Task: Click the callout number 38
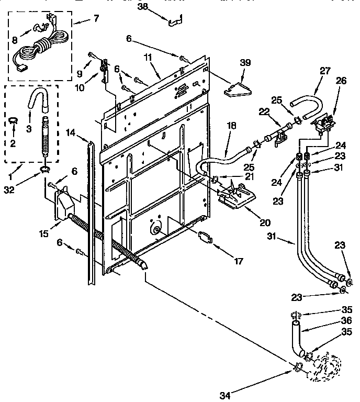143,7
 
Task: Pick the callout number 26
341,81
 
